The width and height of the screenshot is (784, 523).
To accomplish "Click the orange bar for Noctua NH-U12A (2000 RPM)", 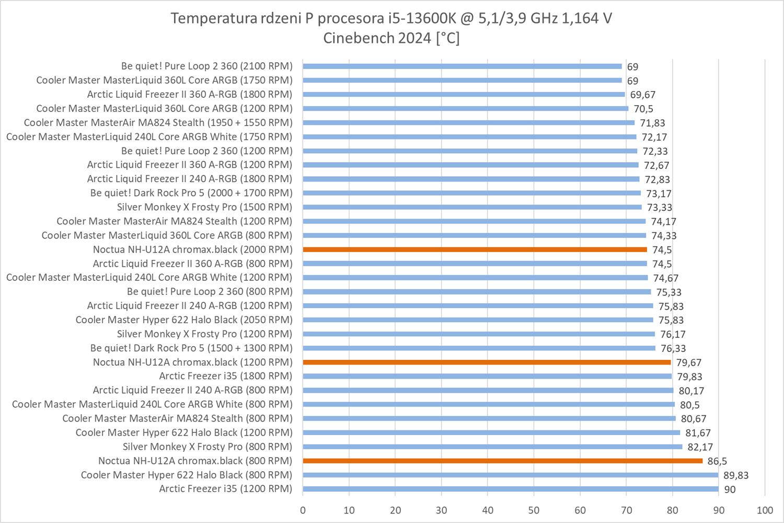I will [x=475, y=249].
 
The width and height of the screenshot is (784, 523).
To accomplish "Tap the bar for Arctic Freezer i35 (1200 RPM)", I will [x=510, y=489].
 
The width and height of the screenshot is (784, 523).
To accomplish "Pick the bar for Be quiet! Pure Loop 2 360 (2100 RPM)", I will [x=462, y=66].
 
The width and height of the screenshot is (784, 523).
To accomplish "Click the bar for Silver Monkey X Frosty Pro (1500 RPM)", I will [x=472, y=207].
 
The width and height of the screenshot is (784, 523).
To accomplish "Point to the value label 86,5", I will [x=717, y=461].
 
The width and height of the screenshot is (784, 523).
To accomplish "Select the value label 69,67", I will [x=643, y=95].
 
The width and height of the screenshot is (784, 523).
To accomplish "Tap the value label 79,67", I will [x=689, y=362].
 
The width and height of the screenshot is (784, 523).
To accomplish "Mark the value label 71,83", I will [x=652, y=123].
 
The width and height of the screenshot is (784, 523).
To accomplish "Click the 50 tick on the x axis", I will [x=534, y=510].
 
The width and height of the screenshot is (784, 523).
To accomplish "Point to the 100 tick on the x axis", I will [x=765, y=510].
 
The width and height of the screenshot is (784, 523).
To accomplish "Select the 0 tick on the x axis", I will [x=303, y=510].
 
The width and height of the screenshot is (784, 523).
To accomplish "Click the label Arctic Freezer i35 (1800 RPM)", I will [x=225, y=376].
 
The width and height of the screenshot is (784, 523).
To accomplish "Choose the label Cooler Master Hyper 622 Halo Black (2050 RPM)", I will [x=184, y=320].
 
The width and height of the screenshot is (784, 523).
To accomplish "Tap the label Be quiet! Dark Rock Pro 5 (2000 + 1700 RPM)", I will [x=191, y=193].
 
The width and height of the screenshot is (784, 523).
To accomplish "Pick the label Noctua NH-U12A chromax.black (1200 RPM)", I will [x=192, y=362].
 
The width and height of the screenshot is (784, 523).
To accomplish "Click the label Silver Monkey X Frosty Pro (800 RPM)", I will [x=207, y=447].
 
